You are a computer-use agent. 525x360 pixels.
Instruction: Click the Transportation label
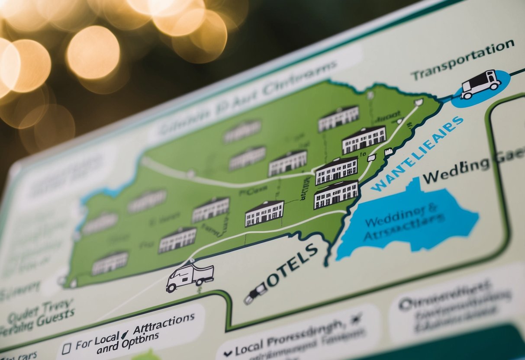[462, 60]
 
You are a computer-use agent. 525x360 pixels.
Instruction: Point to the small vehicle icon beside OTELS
[255, 293]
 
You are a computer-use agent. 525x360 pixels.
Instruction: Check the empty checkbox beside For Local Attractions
[66, 348]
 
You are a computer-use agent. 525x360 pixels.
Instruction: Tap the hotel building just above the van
[177, 240]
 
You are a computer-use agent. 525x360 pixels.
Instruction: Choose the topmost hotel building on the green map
[338, 118]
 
